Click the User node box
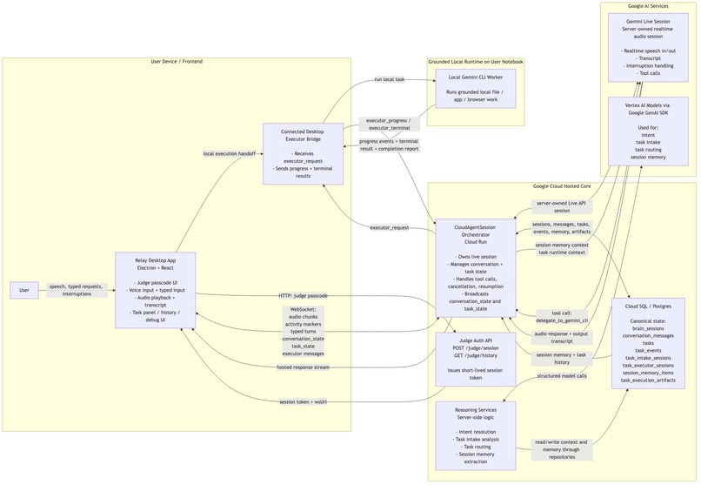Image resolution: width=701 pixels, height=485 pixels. click(x=23, y=290)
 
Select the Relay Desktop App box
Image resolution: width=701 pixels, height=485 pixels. click(x=156, y=290)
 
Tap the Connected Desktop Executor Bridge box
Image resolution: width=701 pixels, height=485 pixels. click(x=304, y=153)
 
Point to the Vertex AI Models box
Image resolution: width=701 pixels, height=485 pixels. click(x=649, y=131)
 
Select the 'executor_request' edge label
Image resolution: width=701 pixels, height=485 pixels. click(x=389, y=227)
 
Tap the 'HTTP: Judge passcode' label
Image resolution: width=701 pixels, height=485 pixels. click(x=304, y=295)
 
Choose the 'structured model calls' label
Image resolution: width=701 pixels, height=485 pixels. click(x=562, y=375)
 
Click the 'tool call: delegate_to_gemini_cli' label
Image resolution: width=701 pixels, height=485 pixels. click(x=562, y=316)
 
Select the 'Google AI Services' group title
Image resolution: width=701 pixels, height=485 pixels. click(x=648, y=6)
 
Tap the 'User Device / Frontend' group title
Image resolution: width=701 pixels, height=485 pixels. click(x=177, y=62)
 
